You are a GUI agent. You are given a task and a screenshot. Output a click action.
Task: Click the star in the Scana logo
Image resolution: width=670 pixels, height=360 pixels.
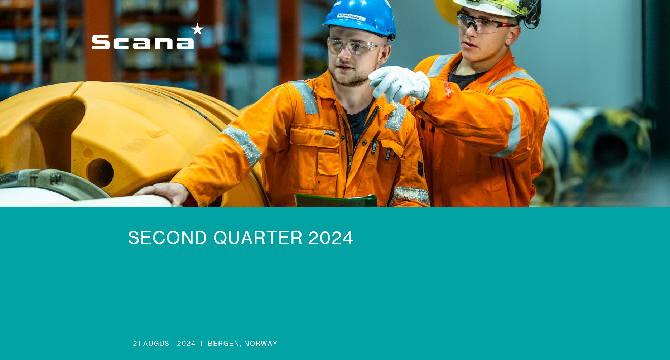coord(197,29)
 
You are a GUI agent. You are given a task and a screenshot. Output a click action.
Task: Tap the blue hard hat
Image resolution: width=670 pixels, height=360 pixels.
coord(360,16)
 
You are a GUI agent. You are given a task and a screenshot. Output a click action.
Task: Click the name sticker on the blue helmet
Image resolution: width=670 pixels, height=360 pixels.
coord(351,17)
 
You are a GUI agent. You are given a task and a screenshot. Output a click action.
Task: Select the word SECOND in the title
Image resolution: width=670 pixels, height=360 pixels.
coord(167,238)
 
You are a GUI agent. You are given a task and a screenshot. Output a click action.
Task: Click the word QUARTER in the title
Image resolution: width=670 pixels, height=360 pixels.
coord(258,238)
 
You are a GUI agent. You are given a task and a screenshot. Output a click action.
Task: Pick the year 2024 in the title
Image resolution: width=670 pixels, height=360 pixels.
coord(331,238)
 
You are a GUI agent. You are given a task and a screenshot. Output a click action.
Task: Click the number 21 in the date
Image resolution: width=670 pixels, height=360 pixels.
coord(137,344)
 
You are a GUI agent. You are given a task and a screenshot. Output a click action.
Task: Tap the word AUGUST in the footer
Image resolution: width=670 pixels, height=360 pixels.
coord(160,344)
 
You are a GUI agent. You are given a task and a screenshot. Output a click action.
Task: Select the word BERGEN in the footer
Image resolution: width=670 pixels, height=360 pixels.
coord(223,344)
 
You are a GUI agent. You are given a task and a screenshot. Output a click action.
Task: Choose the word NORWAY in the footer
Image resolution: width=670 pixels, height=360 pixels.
coord(261,344)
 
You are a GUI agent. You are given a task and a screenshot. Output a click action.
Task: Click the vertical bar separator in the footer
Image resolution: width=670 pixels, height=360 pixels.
coord(202,344)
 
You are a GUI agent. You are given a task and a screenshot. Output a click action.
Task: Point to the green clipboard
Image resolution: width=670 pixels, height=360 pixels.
coord(336,201)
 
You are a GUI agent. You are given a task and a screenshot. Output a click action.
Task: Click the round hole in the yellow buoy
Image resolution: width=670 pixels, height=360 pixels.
coord(100,173)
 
